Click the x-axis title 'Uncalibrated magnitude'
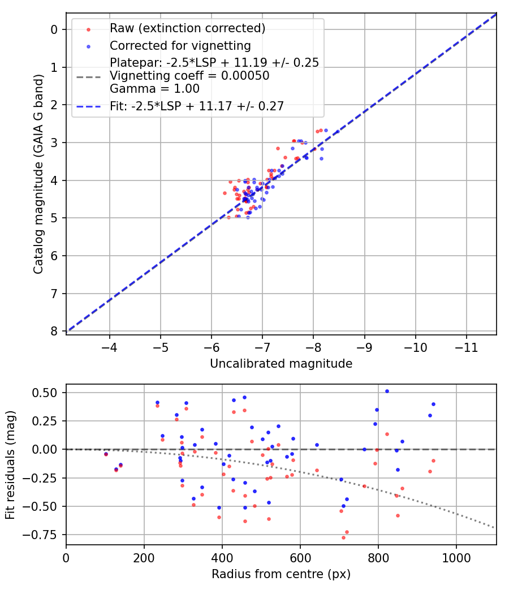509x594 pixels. click(281, 364)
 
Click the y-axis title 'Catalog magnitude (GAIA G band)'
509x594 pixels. click(38, 174)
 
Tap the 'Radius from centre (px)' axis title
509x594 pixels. click(281, 574)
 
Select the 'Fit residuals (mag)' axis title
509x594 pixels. click(10, 465)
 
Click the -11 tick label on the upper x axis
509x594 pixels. click(466, 348)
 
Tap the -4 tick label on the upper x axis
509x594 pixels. click(110, 348)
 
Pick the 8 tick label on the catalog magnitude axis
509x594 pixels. click(54, 331)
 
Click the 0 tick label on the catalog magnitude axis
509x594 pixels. click(54, 29)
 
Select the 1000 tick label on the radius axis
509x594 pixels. click(456, 558)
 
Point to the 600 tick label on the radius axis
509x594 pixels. click(300, 558)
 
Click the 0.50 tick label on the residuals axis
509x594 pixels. click(44, 393)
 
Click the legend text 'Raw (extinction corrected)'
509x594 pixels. click(187, 28)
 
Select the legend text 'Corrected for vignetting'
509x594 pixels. click(180, 46)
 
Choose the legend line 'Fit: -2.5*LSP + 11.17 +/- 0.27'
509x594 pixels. click(89, 107)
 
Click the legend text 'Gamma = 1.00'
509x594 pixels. click(154, 89)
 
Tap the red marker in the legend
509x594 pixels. click(89, 29)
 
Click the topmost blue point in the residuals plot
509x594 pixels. click(387, 391)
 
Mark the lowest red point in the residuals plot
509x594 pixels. click(343, 537)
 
